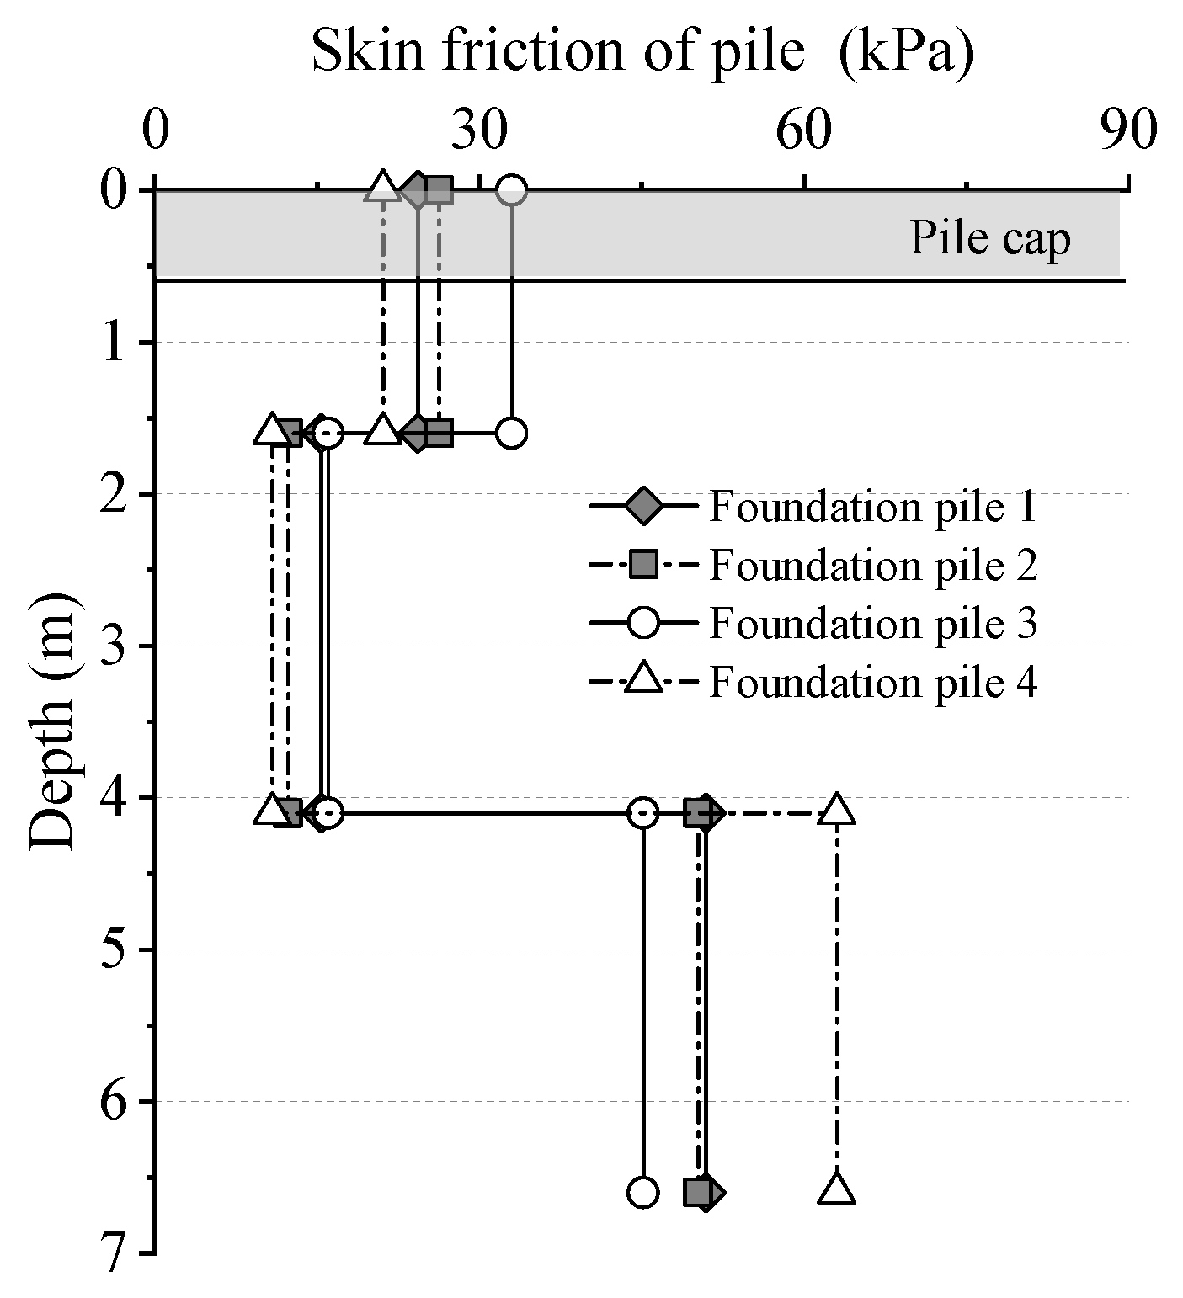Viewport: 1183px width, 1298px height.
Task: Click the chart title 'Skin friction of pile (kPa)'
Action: pyautogui.click(x=642, y=52)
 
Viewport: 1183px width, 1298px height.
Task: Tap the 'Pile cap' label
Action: pyautogui.click(x=989, y=238)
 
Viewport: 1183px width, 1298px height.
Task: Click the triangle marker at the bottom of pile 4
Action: pyautogui.click(x=836, y=1189)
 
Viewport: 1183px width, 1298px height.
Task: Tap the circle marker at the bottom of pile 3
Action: pyautogui.click(x=642, y=1192)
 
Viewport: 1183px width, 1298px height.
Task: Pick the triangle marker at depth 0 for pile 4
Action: pyautogui.click(x=383, y=188)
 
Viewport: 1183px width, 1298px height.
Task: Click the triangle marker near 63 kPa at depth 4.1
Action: pyautogui.click(x=836, y=810)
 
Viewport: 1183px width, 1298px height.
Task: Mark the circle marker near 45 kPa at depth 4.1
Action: pyautogui.click(x=642, y=813)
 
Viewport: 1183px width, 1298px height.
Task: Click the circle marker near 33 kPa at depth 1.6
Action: pyautogui.click(x=511, y=434)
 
